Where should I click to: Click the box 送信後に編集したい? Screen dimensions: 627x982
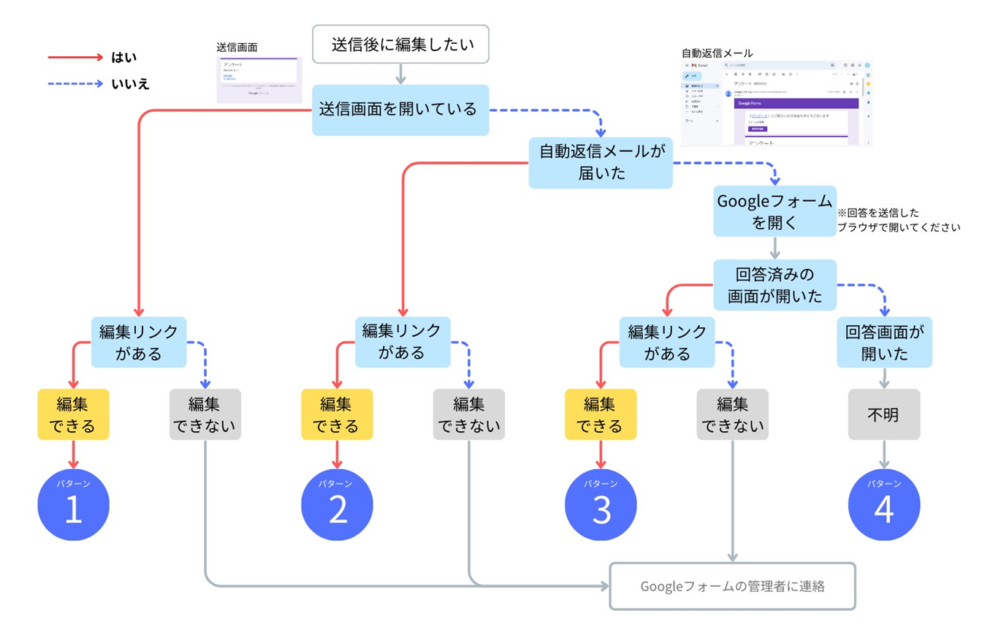[400, 44]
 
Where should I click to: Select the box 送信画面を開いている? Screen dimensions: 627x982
[400, 110]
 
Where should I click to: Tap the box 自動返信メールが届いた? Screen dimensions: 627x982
[601, 162]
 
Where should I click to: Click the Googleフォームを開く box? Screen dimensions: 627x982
[774, 211]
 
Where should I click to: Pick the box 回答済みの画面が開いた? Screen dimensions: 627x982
[774, 286]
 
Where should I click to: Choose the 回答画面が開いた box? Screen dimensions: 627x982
[884, 342]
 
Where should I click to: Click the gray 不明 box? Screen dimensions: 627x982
[884, 414]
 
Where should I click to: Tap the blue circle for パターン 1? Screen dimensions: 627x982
[73, 505]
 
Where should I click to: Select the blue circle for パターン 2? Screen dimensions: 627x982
[337, 505]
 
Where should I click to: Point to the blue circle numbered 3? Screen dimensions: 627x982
[601, 505]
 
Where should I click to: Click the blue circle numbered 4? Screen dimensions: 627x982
[884, 505]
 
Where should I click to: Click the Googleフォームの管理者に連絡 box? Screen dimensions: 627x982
[732, 586]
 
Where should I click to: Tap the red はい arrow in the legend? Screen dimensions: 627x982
[76, 57]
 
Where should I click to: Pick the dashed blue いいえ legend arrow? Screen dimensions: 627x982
[76, 84]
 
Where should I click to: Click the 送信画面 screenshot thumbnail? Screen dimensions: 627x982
[256, 80]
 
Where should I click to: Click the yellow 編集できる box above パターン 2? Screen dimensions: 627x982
[337, 414]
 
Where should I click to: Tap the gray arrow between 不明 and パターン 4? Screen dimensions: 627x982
[884, 454]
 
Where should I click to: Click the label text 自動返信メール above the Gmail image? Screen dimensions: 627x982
[717, 53]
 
